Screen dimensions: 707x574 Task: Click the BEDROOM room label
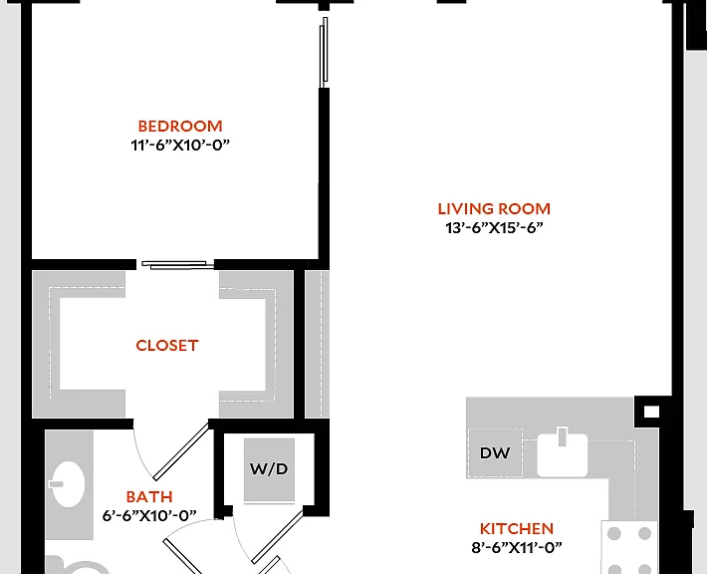[x=180, y=126]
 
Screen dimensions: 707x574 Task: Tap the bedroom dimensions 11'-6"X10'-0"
[x=180, y=145]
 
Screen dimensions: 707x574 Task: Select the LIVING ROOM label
[x=494, y=209]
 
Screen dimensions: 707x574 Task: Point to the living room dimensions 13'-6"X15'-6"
[x=494, y=228]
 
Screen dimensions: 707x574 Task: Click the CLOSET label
[x=167, y=346]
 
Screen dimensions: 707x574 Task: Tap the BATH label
[x=149, y=497]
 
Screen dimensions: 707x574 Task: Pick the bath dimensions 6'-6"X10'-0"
[x=149, y=516]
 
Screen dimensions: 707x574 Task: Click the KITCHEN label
[x=517, y=529]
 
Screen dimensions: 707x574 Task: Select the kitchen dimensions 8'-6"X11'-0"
[x=517, y=548]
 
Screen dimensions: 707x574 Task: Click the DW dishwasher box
[x=495, y=452]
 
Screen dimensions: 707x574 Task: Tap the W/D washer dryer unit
[x=269, y=469]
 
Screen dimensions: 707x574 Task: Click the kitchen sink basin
[x=563, y=454]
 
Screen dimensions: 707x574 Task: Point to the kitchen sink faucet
[x=562, y=436]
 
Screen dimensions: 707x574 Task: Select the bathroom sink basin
[x=68, y=484]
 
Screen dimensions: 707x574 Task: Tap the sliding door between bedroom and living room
[x=324, y=53]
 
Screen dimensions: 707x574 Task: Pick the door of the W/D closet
[x=278, y=536]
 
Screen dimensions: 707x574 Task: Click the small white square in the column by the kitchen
[x=651, y=412]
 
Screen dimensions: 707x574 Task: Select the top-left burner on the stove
[x=614, y=534]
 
